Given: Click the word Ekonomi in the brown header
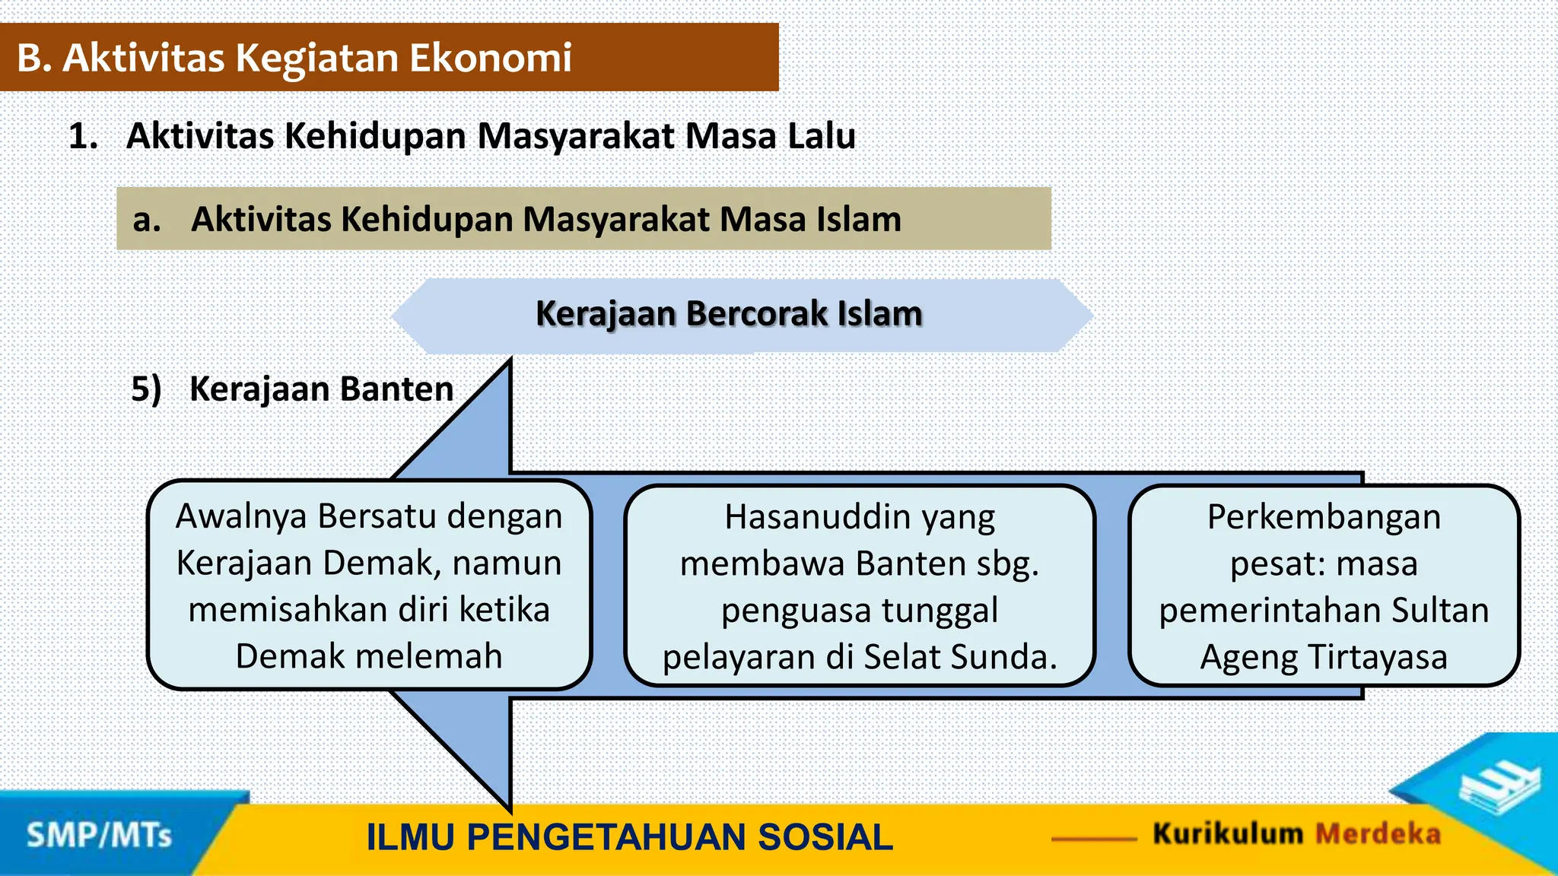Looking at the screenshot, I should [x=491, y=58].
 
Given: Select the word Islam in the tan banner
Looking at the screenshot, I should [x=859, y=219].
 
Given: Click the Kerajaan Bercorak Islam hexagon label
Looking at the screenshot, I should [x=729, y=314].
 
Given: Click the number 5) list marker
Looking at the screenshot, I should [x=146, y=389].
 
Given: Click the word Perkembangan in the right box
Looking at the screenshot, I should [x=1324, y=517].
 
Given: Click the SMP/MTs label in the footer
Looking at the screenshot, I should [x=100, y=836].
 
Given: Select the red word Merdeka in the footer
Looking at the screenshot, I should [x=1378, y=834].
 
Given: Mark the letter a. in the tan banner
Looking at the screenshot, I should [x=146, y=220].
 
